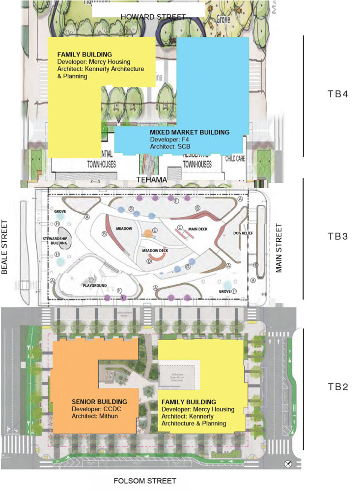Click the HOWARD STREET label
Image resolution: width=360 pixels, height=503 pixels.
coord(153,17)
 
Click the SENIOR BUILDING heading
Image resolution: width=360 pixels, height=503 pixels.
coord(99,401)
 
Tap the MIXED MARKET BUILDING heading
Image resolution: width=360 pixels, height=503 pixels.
coord(190,132)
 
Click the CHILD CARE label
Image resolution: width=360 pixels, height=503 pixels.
coord(234,159)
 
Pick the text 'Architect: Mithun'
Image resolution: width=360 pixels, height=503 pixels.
coord(96,416)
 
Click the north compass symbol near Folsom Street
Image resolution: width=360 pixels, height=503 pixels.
coord(289,464)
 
